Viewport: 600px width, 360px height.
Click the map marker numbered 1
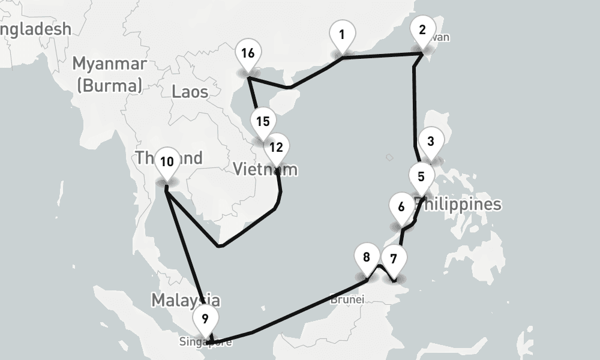pyautogui.click(x=341, y=35)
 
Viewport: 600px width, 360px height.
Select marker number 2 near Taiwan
pyautogui.click(x=422, y=30)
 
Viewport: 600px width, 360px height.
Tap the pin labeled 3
pyautogui.click(x=430, y=142)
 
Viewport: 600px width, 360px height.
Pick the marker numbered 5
pyautogui.click(x=421, y=177)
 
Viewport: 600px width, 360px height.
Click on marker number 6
pyautogui.click(x=401, y=208)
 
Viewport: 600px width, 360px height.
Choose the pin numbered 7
pyautogui.click(x=393, y=260)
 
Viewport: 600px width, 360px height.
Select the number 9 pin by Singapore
pyautogui.click(x=205, y=319)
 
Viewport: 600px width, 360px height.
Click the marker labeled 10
pyautogui.click(x=167, y=162)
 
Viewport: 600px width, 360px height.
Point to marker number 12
pyautogui.click(x=276, y=148)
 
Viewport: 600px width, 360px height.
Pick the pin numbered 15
pyautogui.click(x=262, y=122)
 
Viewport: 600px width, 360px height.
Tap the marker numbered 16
pyautogui.click(x=248, y=53)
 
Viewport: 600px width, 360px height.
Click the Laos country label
pyautogui.click(x=190, y=92)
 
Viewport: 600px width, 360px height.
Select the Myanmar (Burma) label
pyautogui.click(x=109, y=74)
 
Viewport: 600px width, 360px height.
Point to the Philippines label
pyautogui.click(x=459, y=204)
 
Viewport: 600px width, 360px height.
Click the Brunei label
pyautogui.click(x=347, y=299)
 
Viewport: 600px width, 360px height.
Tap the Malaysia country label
pyautogui.click(x=185, y=300)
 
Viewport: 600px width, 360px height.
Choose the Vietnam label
pyautogui.click(x=264, y=169)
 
